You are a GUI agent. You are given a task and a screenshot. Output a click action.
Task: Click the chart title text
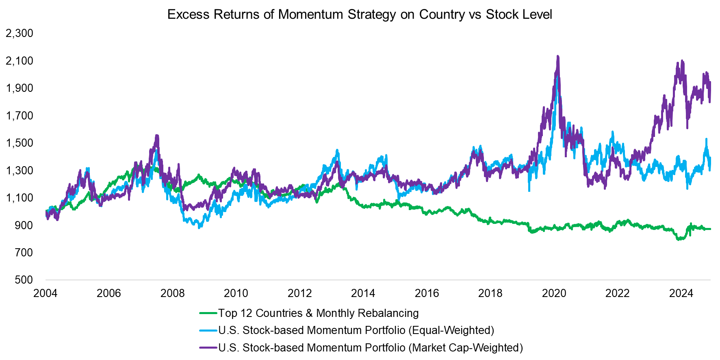pyautogui.click(x=360, y=15)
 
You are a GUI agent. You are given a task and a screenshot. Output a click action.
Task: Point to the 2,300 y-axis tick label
pyautogui.click(x=20, y=33)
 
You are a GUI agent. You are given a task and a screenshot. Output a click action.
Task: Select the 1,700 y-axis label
pyautogui.click(x=20, y=116)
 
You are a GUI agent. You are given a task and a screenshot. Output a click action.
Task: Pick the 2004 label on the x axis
pyautogui.click(x=45, y=293)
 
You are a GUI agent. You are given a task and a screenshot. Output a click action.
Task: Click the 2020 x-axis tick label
pyautogui.click(x=553, y=293)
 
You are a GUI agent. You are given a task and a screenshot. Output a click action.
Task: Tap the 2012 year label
pyautogui.click(x=299, y=293)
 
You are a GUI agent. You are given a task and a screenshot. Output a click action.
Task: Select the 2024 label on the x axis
pyautogui.click(x=681, y=293)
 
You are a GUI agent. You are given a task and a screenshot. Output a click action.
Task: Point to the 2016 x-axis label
pyautogui.click(x=427, y=293)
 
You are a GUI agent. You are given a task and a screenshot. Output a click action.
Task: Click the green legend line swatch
pyautogui.click(x=208, y=313)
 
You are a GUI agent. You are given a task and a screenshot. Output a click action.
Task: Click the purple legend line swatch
pyautogui.click(x=208, y=348)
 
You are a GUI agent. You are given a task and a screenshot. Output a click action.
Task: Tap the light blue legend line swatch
pyautogui.click(x=208, y=330)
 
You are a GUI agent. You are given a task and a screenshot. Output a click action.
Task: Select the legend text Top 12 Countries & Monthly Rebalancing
pyautogui.click(x=318, y=313)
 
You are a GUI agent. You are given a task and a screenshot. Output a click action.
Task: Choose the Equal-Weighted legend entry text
pyautogui.click(x=356, y=330)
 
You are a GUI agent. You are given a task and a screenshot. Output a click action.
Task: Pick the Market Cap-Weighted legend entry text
pyautogui.click(x=370, y=348)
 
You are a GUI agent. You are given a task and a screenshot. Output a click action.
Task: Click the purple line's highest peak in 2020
pyautogui.click(x=557, y=56)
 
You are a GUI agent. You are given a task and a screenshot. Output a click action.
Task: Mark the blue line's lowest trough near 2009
pyautogui.click(x=199, y=228)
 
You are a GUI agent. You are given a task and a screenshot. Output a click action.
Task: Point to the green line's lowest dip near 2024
pyautogui.click(x=678, y=239)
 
